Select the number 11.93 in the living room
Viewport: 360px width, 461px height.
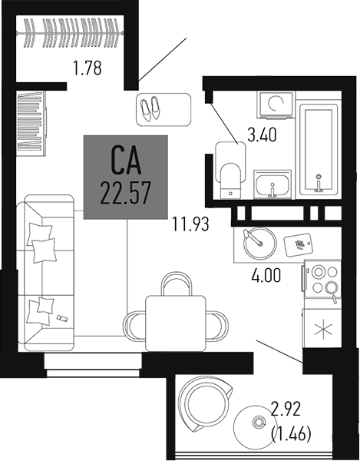(190, 225)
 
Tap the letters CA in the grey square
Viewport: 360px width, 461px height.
(126, 162)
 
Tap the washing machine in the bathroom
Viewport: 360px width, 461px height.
(275, 104)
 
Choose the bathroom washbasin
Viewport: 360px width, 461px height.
(272, 185)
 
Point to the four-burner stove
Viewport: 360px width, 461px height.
(322, 279)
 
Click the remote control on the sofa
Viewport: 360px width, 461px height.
(61, 317)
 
